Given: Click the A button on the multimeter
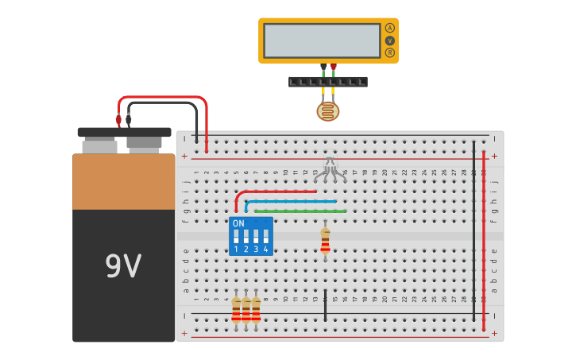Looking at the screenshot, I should pyautogui.click(x=389, y=28).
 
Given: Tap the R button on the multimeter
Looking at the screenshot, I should pyautogui.click(x=389, y=52).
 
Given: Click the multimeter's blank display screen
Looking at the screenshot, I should pyautogui.click(x=322, y=41).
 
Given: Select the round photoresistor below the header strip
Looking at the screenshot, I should pyautogui.click(x=327, y=111).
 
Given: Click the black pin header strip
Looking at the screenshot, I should pyautogui.click(x=327, y=82).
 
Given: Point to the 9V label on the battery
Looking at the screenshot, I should pyautogui.click(x=123, y=266).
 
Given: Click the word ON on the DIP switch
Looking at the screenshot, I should pyautogui.click(x=238, y=224).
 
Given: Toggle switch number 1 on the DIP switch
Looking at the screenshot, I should pyautogui.click(x=236, y=238).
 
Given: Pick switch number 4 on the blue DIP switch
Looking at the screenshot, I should pyautogui.click(x=265, y=238).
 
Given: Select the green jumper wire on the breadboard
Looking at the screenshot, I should pyautogui.click(x=300, y=211).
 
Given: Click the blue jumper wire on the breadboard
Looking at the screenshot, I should pyautogui.click(x=291, y=202).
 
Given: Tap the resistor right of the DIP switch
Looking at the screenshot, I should pyautogui.click(x=325, y=241).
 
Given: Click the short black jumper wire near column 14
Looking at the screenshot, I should pyautogui.click(x=325, y=305).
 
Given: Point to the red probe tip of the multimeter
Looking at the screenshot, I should pyautogui.click(x=333, y=67).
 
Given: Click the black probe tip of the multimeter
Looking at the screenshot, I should pyautogui.click(x=323, y=67).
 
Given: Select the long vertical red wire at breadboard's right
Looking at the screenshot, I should pyautogui.click(x=483, y=238).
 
